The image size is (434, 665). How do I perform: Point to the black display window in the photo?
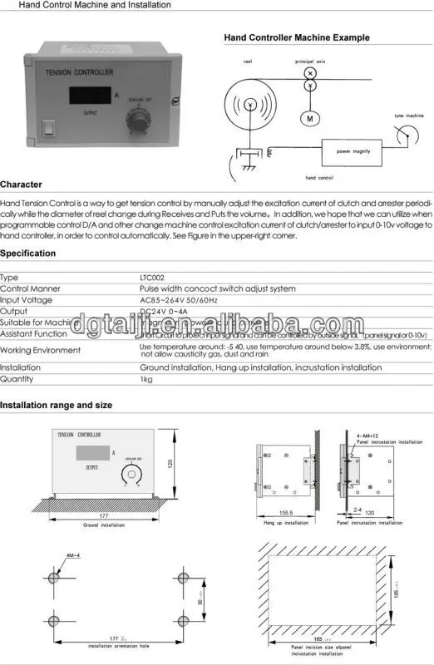pyautogui.click(x=90, y=94)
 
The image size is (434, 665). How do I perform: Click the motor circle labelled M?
pyautogui.click(x=309, y=118)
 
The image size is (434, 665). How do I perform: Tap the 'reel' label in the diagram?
pyautogui.click(x=248, y=62)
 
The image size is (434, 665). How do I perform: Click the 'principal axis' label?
pyautogui.click(x=311, y=62)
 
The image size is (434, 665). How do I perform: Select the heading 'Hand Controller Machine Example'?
pyautogui.click(x=297, y=38)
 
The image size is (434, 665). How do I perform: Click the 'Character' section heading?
pyautogui.click(x=21, y=184)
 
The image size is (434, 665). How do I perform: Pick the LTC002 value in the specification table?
pyautogui.click(x=151, y=278)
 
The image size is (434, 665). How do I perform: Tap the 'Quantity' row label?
pyautogui.click(x=17, y=378)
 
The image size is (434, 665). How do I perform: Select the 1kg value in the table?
pyautogui.click(x=146, y=378)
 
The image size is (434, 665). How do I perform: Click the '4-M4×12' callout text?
pyautogui.click(x=366, y=435)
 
